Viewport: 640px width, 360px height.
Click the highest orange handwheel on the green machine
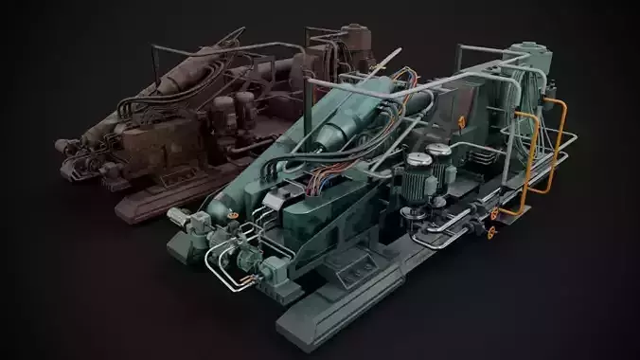461,119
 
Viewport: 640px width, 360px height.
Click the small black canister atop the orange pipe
547,93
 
